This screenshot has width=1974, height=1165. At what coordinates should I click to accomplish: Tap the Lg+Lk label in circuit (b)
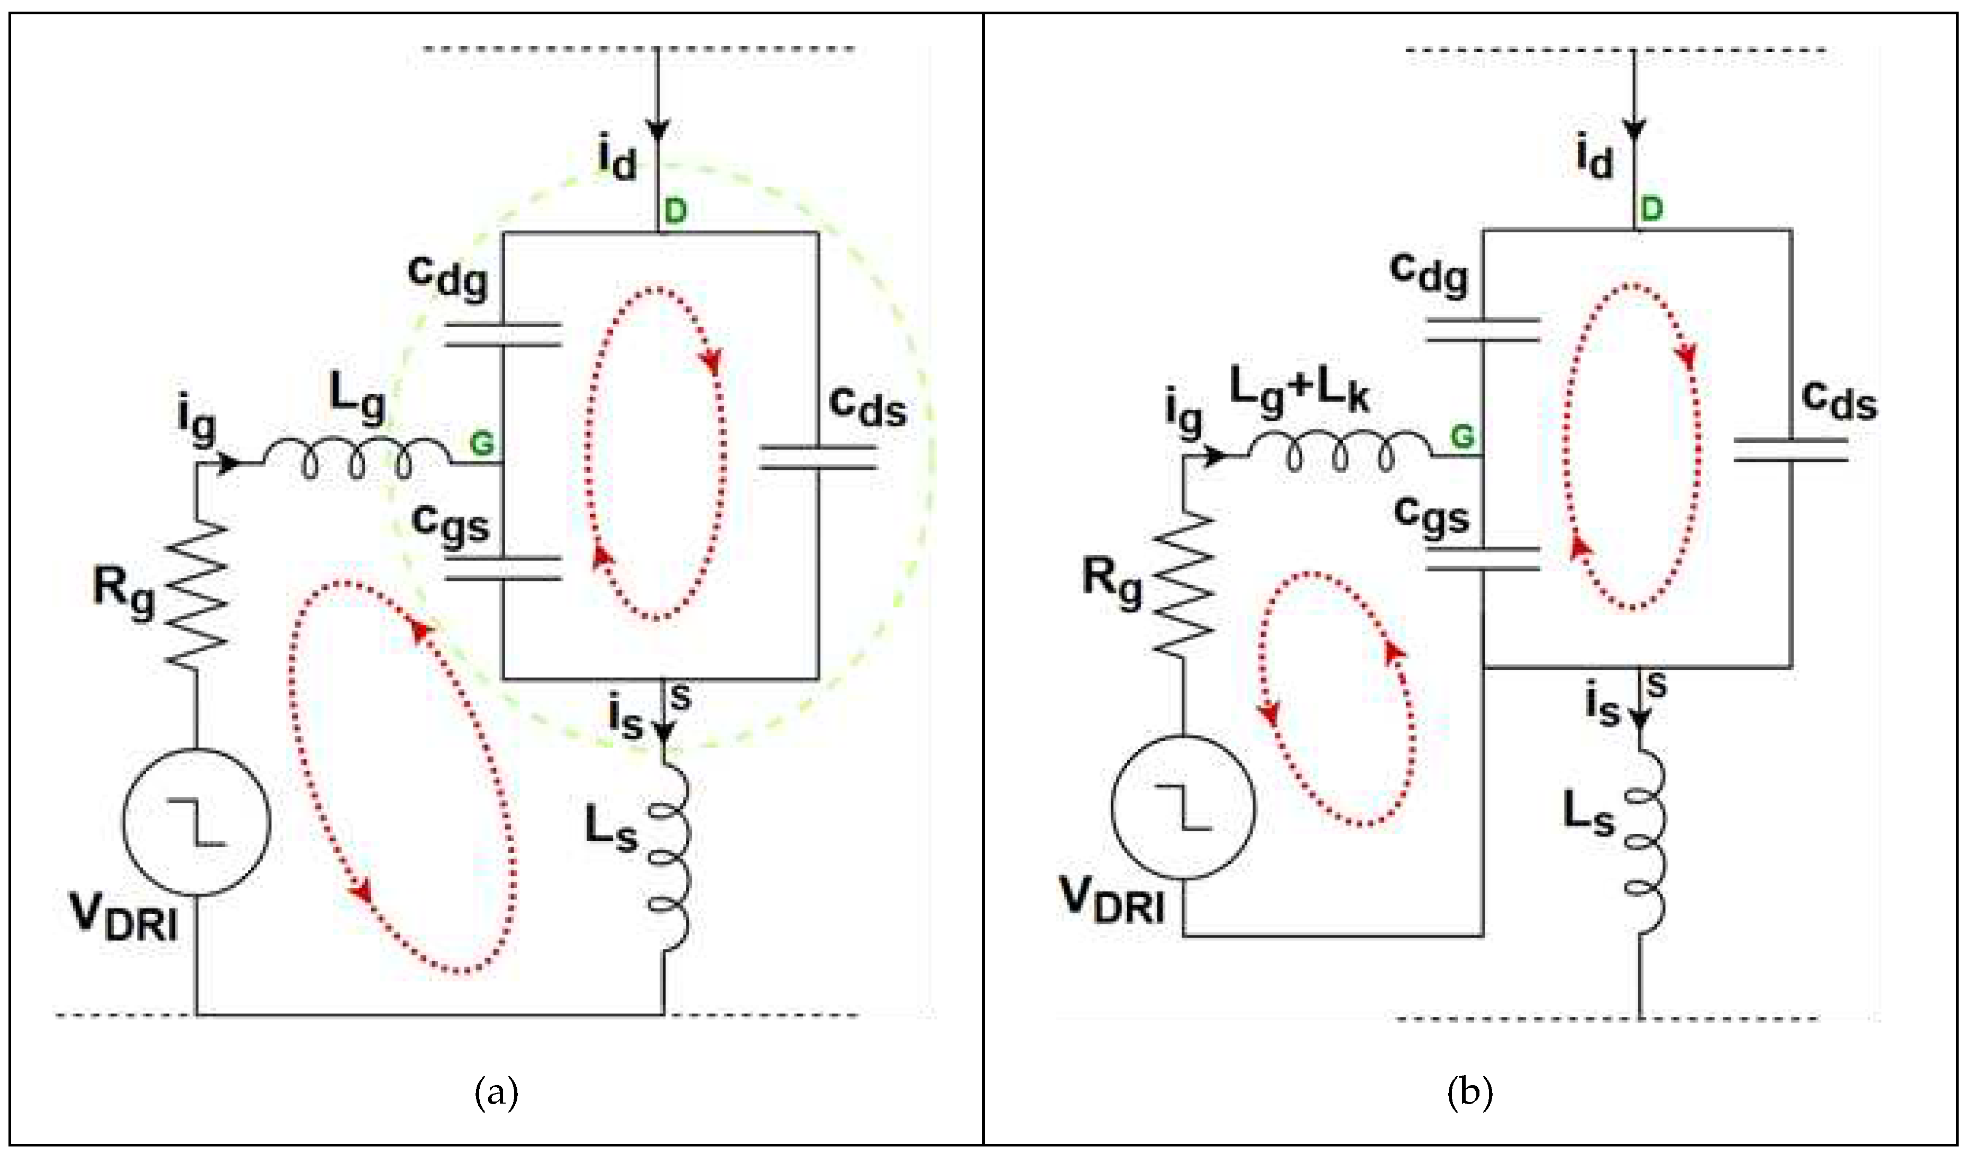tap(1299, 390)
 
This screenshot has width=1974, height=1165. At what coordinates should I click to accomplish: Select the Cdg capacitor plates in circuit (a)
tap(502, 334)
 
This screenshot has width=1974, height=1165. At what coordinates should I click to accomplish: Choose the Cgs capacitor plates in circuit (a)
tap(502, 568)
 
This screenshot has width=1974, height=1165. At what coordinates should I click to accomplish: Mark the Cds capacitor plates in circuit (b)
tap(1791, 449)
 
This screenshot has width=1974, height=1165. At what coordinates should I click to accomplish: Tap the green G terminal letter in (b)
tap(1461, 436)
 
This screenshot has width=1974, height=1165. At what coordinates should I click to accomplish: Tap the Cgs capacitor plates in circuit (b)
tap(1483, 558)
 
